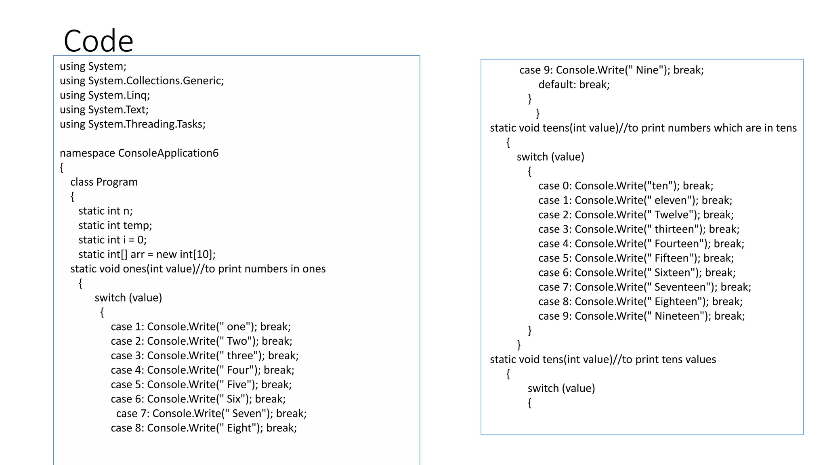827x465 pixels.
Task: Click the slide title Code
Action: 98,41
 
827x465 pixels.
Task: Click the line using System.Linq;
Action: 105,95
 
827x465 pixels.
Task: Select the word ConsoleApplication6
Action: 168,153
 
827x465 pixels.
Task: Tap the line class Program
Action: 104,182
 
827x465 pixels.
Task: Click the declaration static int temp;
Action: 115,225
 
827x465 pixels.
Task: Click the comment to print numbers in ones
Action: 265,269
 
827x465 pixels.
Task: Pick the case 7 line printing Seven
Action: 211,413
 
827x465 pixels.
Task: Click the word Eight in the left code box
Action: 239,428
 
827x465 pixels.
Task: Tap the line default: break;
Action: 574,84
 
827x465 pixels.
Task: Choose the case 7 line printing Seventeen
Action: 644,287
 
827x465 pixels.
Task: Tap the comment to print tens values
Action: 669,359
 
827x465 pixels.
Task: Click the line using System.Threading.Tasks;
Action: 132,124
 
